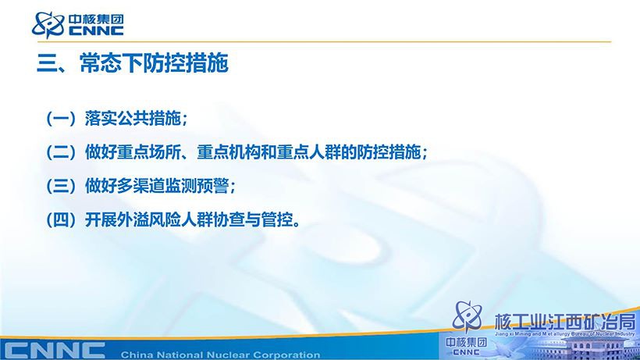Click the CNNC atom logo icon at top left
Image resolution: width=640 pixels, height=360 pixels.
(x=48, y=24)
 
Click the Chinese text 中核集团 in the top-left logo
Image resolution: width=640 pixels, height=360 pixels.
(x=96, y=20)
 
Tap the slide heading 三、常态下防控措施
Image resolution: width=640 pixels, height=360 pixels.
(x=133, y=62)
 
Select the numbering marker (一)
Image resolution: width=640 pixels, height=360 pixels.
(x=61, y=119)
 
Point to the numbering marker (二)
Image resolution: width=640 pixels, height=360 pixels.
(x=61, y=152)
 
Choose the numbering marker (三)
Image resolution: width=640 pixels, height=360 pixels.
(x=61, y=186)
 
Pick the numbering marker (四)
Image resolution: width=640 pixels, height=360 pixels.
(x=61, y=220)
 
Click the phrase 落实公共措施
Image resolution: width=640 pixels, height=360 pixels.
(x=133, y=119)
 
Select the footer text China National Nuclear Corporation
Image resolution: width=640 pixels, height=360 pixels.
(x=220, y=355)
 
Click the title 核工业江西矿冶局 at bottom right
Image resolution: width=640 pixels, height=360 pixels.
(x=565, y=322)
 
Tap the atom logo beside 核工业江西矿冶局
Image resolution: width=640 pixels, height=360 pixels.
(x=468, y=317)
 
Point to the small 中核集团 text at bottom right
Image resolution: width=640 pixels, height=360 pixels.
(x=467, y=342)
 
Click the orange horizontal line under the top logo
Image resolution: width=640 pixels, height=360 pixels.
(x=324, y=41)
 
